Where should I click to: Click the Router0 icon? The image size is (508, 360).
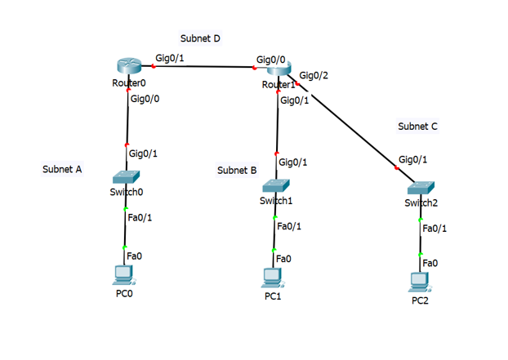coord(127,69)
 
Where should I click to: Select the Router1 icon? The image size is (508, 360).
coord(278,72)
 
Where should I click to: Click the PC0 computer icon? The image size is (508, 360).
coord(124,275)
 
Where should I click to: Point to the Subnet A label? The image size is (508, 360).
coord(62,170)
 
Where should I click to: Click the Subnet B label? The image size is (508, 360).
coord(237,171)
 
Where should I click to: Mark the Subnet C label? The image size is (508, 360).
coord(418,127)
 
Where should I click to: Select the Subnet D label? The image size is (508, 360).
coord(201,38)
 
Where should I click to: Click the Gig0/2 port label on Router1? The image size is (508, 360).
coord(314,75)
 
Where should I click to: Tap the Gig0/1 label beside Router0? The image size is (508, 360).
coord(168,59)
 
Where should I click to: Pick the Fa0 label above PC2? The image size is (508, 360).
coord(430,263)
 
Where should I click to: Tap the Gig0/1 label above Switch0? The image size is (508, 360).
coord(143,153)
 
